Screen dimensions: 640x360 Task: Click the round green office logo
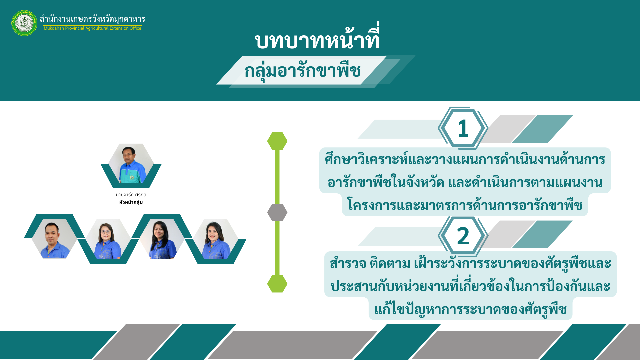[x=24, y=23]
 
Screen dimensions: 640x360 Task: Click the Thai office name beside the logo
[x=92, y=19]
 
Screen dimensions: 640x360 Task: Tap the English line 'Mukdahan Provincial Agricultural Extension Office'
[x=92, y=28]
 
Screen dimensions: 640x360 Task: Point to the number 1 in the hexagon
[x=463, y=128]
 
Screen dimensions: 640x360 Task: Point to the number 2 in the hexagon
[x=463, y=236]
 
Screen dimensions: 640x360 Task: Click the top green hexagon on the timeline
[x=277, y=141]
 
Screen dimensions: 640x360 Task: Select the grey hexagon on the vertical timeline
[x=277, y=212]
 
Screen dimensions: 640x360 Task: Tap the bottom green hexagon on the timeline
[x=277, y=284]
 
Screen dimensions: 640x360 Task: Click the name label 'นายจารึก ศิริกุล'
[x=131, y=195]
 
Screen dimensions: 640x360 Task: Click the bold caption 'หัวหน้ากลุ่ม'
[x=131, y=202]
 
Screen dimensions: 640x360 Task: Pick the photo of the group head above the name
[x=131, y=164]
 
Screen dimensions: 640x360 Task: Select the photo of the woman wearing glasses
[x=108, y=239]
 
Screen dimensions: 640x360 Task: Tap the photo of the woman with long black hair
[x=162, y=239]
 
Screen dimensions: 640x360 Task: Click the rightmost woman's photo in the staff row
[x=216, y=239]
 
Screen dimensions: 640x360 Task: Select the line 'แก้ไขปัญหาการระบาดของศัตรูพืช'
[x=470, y=308]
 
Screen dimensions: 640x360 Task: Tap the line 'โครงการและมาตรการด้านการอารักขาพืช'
[x=465, y=204]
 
